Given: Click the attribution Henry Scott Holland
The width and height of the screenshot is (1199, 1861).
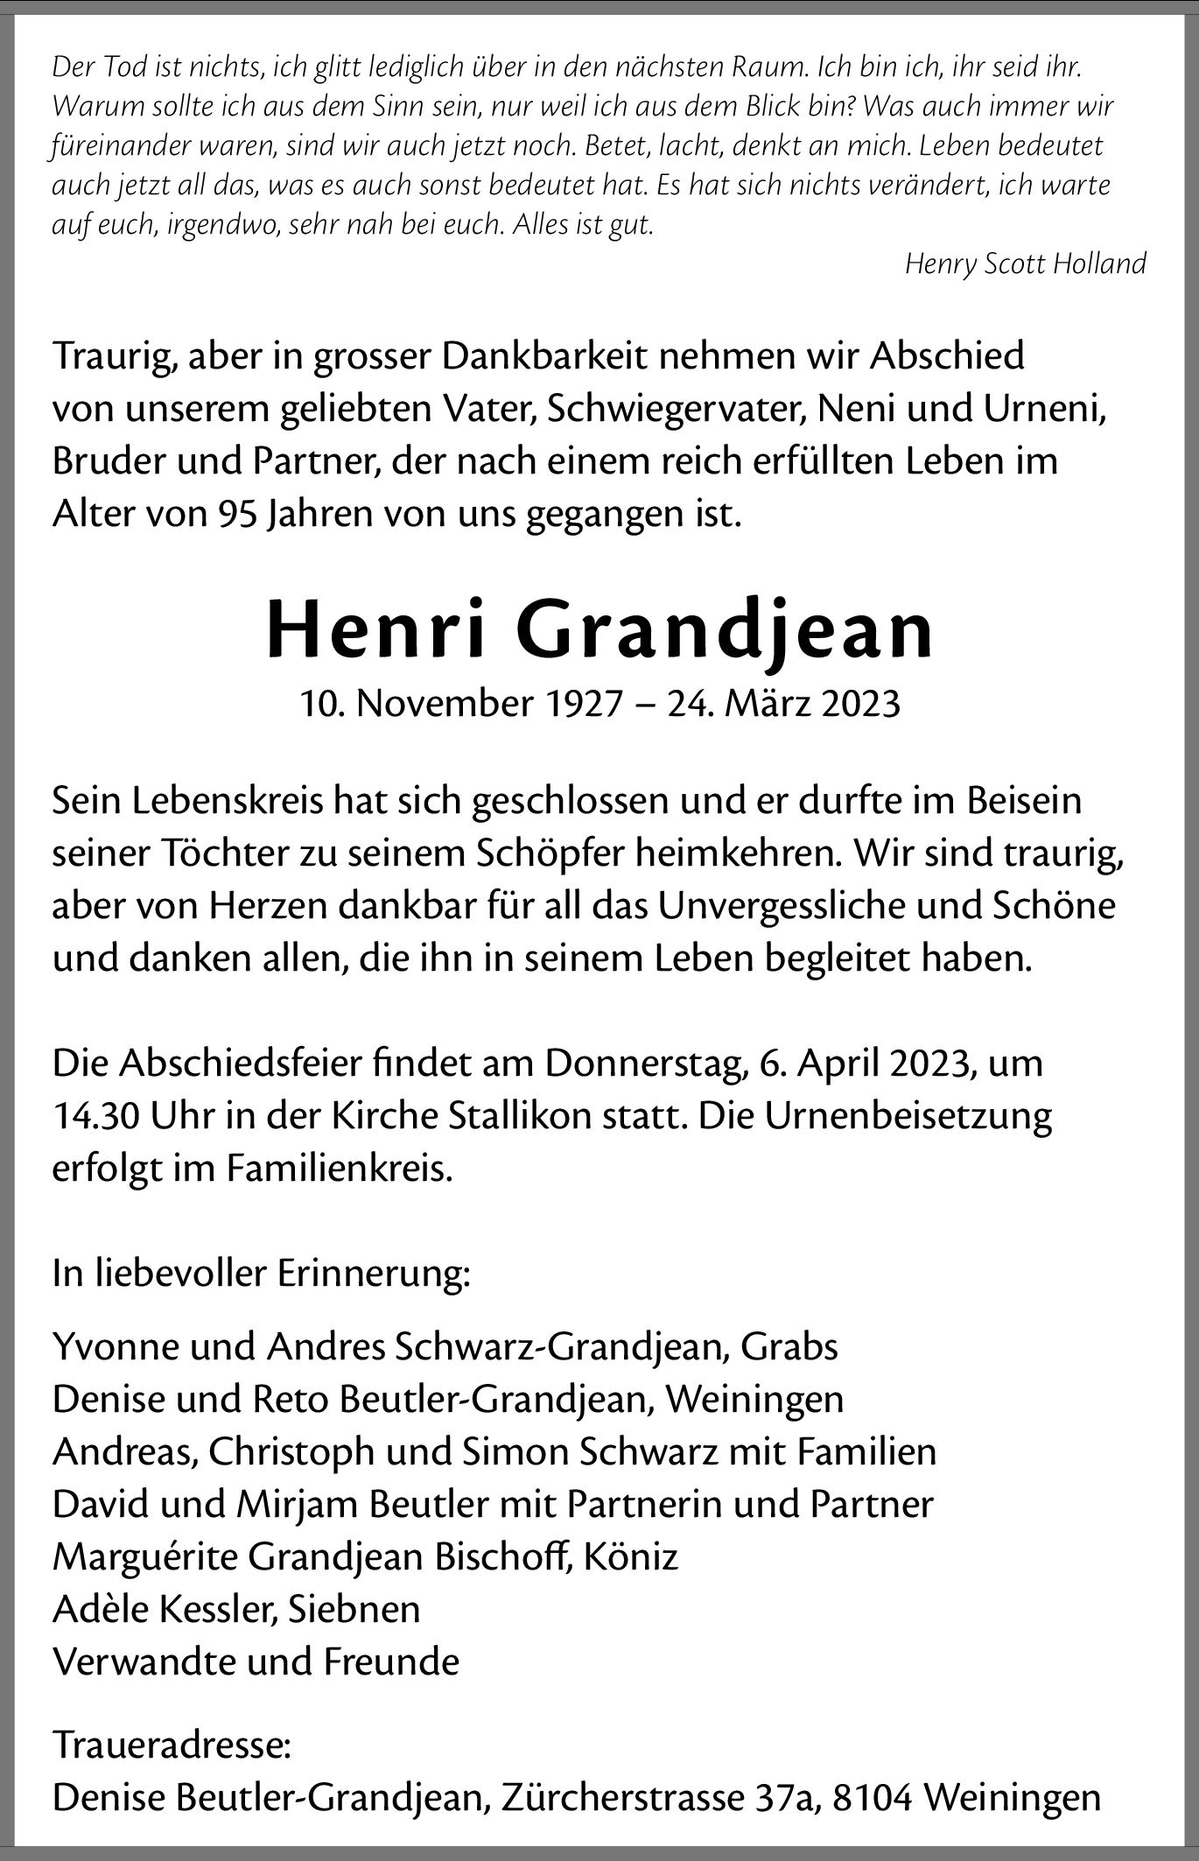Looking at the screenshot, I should pyautogui.click(x=1025, y=263).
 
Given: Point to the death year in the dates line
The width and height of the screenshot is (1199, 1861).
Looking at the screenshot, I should pyautogui.click(x=860, y=703).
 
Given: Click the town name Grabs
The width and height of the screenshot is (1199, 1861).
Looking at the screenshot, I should pyautogui.click(x=789, y=1346).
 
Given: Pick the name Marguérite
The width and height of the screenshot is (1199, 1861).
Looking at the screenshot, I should pyautogui.click(x=144, y=1557).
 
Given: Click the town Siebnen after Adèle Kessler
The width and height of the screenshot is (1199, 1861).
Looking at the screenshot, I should pyautogui.click(x=354, y=1609).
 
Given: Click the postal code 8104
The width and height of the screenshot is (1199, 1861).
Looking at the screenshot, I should pyautogui.click(x=873, y=1797).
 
